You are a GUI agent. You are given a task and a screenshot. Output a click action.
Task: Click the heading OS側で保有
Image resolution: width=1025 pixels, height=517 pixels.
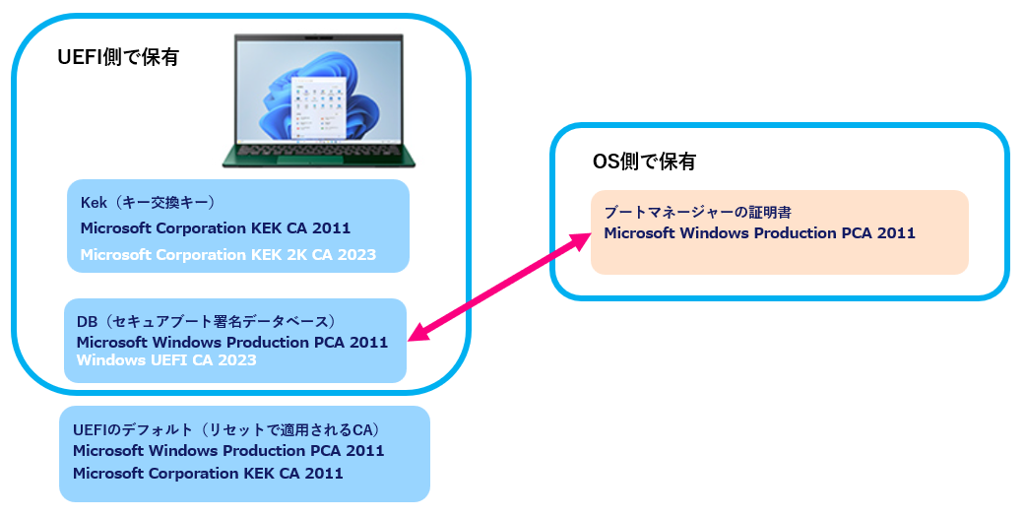[x=644, y=162]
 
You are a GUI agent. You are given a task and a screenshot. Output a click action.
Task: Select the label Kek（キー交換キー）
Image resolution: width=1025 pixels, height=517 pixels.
[x=148, y=203]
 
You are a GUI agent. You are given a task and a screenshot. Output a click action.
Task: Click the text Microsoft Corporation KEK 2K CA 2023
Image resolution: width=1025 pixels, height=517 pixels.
[x=228, y=255]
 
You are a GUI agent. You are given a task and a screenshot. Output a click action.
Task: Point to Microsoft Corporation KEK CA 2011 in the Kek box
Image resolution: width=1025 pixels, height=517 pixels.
[x=216, y=228]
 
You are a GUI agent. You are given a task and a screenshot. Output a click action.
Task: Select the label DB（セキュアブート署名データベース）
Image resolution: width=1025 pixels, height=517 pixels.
[x=207, y=321]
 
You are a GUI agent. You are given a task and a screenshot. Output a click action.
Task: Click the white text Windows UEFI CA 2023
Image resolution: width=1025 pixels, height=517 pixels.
[x=166, y=360]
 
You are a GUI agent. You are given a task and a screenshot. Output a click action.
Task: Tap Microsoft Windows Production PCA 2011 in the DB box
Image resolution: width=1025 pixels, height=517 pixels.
[x=232, y=342]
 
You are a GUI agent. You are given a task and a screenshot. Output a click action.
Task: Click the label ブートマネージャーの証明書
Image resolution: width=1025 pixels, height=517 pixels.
[x=698, y=212]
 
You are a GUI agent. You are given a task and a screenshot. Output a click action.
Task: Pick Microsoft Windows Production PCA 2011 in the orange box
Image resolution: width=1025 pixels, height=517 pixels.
[x=759, y=233]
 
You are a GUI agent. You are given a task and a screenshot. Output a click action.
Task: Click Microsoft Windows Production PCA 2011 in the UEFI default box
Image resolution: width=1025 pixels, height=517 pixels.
[x=228, y=450]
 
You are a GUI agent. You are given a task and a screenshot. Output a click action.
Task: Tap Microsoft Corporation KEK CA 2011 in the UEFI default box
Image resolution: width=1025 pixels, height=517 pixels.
[x=208, y=473]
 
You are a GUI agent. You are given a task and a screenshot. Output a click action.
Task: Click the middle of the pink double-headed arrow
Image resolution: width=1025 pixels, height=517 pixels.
[x=499, y=289]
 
